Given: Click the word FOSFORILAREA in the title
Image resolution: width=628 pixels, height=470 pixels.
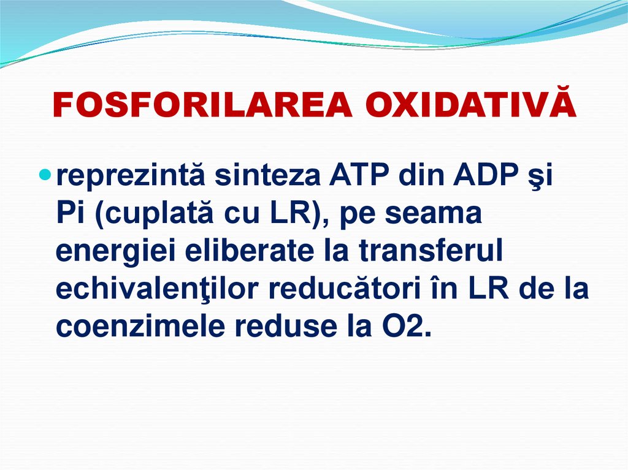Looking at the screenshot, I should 203,106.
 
